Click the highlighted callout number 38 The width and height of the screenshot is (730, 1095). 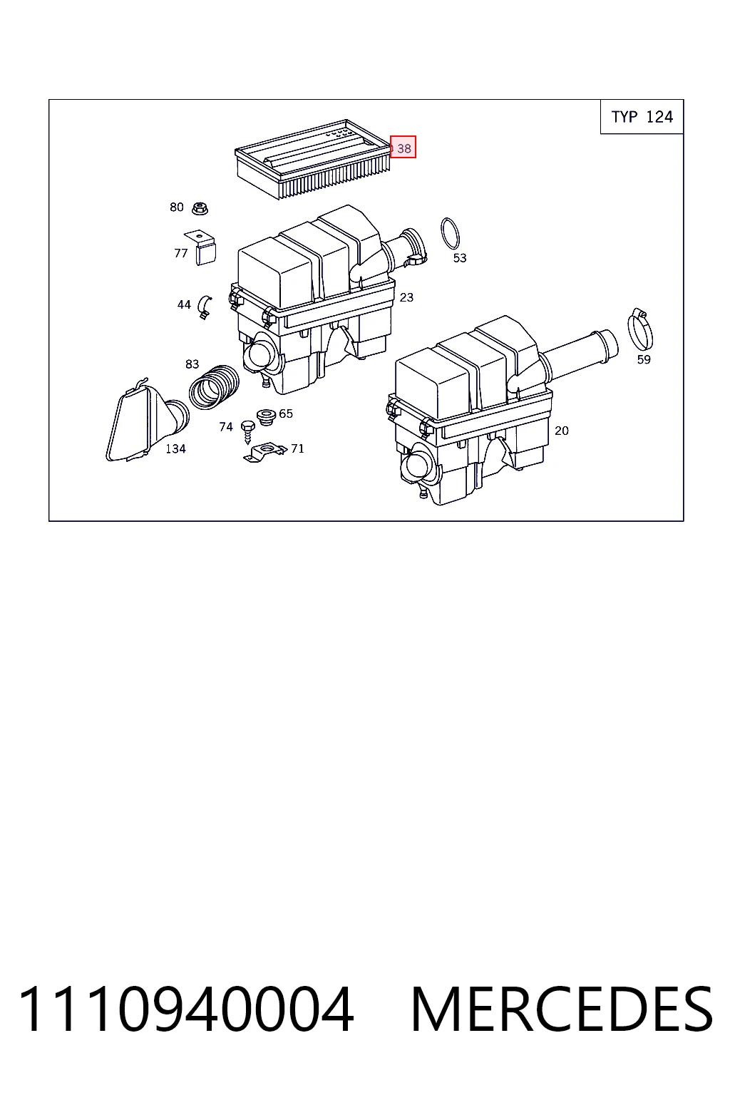coord(403,147)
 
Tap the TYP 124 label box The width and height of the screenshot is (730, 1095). coord(642,117)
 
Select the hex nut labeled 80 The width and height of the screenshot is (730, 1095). coord(200,208)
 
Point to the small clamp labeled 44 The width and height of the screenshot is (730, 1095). coord(204,307)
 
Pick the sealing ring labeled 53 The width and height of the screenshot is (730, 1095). coord(451,233)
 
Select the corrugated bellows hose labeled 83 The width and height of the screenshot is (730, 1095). coord(214,387)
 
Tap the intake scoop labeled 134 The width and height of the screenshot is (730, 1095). coord(147,421)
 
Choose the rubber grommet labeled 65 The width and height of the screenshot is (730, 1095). coord(267,416)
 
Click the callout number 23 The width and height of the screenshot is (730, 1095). coord(406,297)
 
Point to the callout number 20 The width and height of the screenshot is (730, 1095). coord(561,431)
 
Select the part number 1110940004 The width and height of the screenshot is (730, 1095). coord(186,1009)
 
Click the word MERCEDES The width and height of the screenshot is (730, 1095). coord(562,1009)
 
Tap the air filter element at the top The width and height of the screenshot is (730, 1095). coord(313,159)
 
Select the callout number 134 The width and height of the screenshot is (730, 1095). coord(175,448)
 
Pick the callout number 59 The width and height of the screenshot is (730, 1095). coord(644,360)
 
